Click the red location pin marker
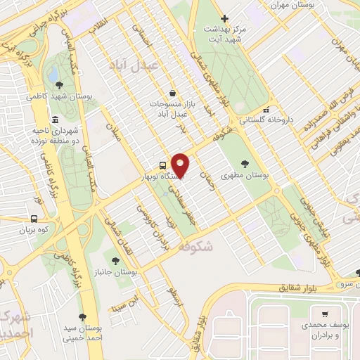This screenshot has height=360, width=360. coord(181,165)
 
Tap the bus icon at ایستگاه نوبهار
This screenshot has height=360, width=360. coord(163,165)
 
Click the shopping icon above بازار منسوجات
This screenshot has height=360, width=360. coord(172,93)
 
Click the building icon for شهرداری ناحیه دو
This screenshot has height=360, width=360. coord(55,119)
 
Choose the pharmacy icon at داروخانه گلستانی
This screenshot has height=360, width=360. coord(265,110)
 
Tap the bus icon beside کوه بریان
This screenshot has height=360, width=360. coord(34,219)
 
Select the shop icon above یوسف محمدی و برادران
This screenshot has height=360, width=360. coord(325,314)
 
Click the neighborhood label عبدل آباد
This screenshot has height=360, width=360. coord(135,65)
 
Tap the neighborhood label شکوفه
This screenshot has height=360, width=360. coord(195,247)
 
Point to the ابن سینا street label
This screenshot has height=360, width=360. coord(122,306)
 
